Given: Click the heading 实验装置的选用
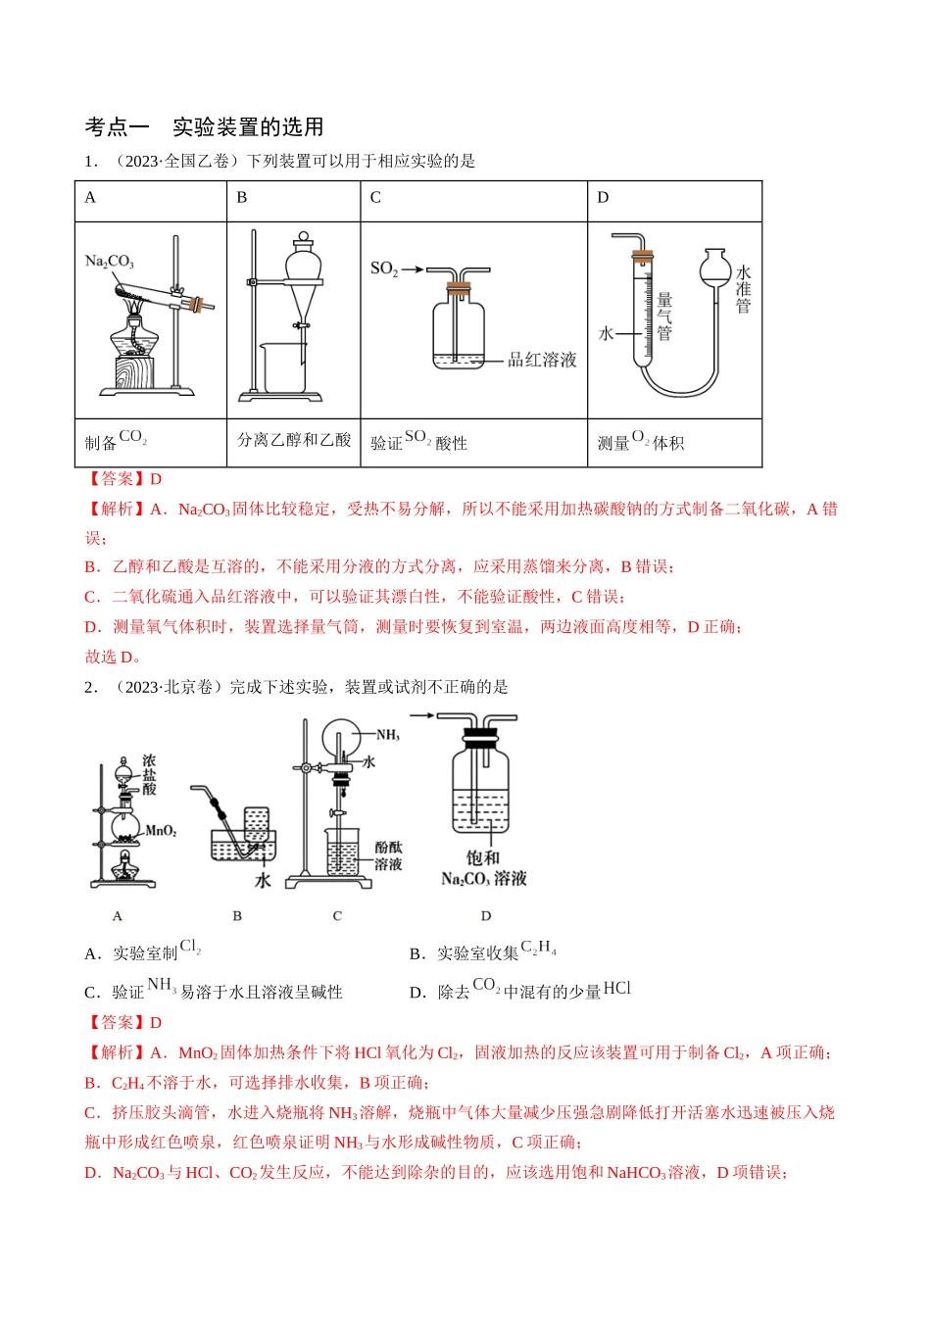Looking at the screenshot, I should [x=248, y=127].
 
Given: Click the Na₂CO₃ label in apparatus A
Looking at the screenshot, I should [x=109, y=262].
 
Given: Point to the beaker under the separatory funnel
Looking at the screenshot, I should [x=283, y=367].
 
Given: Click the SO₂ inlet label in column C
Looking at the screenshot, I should [x=384, y=268].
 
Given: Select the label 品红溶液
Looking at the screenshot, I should [x=542, y=360].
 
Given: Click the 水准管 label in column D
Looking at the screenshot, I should [x=743, y=289].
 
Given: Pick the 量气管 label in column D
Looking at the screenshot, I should [x=664, y=317].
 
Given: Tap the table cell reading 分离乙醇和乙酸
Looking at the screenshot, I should [x=294, y=441].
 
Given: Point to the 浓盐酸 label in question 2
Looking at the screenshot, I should [x=149, y=774].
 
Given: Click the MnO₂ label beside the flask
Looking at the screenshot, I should [x=161, y=831].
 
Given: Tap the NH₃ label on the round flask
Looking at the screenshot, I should [x=388, y=735].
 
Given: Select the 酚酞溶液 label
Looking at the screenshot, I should [x=388, y=855].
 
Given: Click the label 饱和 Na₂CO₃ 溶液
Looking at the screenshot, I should [x=484, y=868].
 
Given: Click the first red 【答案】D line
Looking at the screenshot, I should [x=123, y=479].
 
